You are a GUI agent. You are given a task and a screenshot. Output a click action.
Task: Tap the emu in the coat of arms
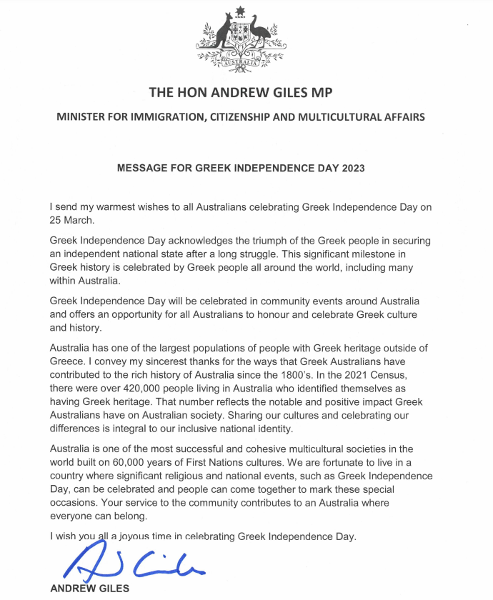point(261,34)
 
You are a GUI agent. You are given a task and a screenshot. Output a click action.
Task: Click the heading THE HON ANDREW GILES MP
point(241,93)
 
